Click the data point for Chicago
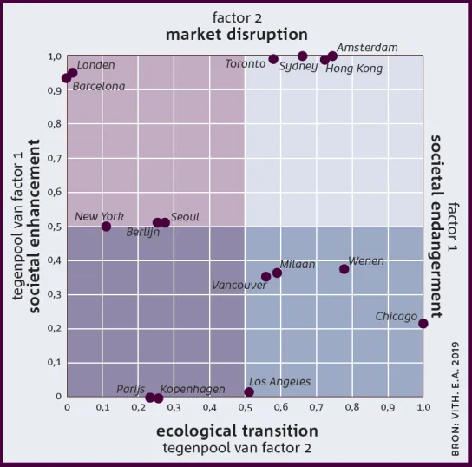423,324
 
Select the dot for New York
106,227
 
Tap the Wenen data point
344,269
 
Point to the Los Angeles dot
249,392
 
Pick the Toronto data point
273,59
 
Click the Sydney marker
303,56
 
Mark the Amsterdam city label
367,48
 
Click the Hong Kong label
354,69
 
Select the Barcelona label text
99,87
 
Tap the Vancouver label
239,286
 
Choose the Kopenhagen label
193,390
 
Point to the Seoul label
185,217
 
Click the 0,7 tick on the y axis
55,158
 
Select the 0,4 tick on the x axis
209,408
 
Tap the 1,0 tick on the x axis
423,408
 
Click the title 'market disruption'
237,35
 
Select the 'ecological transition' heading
237,431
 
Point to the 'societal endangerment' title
436,227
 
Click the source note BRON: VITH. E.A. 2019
456,399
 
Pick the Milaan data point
277,273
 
